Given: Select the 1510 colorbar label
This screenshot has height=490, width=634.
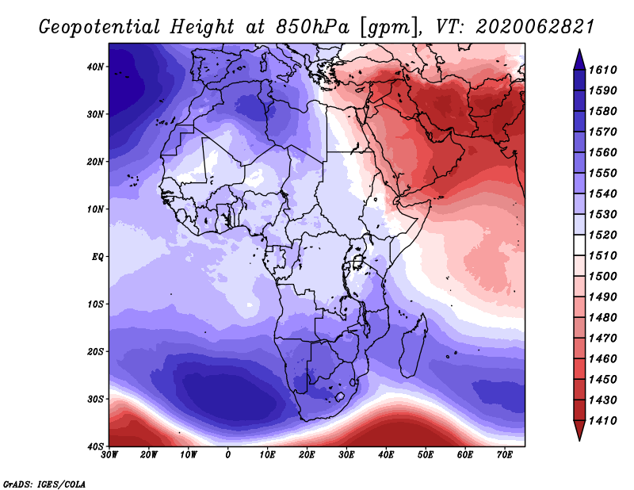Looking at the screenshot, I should click(x=609, y=256).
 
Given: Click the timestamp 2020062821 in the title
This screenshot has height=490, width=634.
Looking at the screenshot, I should click(x=535, y=26).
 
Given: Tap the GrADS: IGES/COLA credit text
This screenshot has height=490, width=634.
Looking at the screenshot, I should click(x=44, y=483).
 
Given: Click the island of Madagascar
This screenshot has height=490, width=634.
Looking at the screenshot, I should click(x=412, y=345).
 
